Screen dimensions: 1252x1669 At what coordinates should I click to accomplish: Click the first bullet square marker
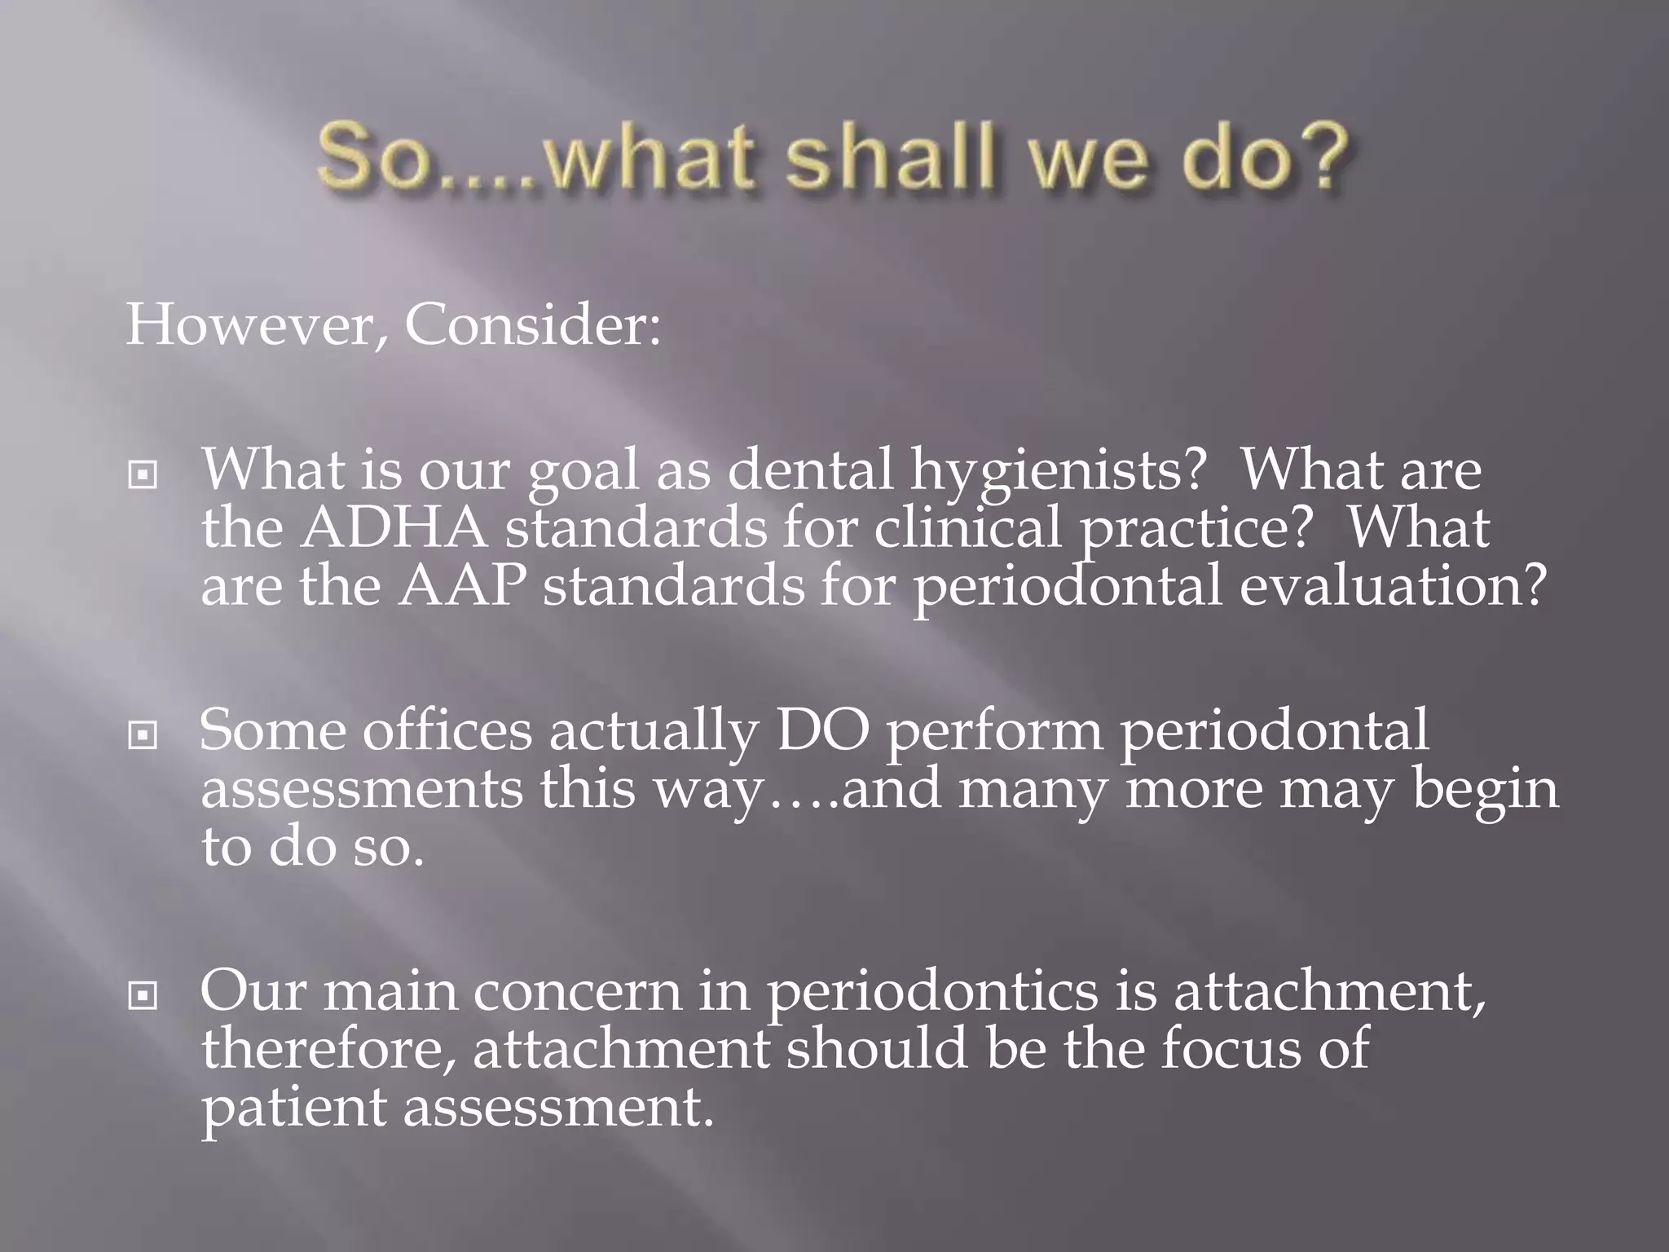(x=143, y=474)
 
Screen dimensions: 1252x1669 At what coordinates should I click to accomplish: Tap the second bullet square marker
(x=143, y=735)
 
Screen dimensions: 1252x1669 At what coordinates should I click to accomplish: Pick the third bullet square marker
(x=143, y=995)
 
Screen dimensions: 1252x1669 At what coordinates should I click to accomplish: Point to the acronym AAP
(x=461, y=586)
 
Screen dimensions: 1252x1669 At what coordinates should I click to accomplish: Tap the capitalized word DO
(x=822, y=730)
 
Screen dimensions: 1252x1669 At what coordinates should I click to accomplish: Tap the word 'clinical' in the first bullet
(x=969, y=528)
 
